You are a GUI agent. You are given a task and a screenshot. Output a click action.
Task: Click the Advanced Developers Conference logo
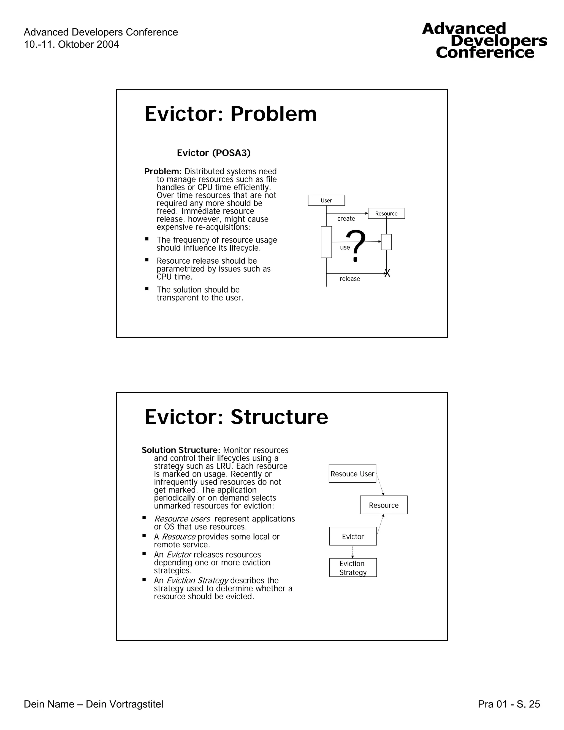484,41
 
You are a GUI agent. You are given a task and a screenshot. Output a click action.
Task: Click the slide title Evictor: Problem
230,114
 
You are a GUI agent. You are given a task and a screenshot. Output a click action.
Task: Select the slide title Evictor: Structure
236,417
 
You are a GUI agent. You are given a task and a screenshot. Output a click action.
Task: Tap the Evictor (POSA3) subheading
213,153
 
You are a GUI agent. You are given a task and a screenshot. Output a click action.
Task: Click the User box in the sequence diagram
326,200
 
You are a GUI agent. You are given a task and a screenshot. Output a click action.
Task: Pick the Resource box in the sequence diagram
386,213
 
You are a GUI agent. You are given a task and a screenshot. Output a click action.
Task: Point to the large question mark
356,245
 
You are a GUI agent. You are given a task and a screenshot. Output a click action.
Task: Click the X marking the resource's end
387,274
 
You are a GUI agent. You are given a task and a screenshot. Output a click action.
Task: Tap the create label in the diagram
346,219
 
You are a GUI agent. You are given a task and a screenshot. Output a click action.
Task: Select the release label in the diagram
350,279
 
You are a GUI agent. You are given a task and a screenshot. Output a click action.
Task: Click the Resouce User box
352,474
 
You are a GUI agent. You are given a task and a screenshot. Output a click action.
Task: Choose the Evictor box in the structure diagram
353,536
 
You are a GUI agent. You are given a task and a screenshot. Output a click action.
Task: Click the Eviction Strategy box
353,567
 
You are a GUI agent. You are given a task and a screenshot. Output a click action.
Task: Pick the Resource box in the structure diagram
384,505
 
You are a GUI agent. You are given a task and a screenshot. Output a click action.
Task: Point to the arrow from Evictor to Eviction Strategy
352,552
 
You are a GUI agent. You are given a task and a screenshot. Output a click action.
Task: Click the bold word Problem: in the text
163,171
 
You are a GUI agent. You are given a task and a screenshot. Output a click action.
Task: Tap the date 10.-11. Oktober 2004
71,44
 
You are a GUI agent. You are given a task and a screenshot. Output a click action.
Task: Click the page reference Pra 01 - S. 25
509,704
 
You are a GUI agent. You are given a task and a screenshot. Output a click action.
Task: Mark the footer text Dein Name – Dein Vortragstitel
94,704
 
